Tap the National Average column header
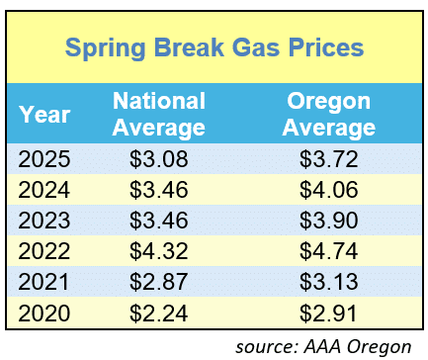click(x=158, y=114)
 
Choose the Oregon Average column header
click(x=329, y=114)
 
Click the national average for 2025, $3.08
click(x=158, y=159)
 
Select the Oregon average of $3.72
click(x=329, y=159)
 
